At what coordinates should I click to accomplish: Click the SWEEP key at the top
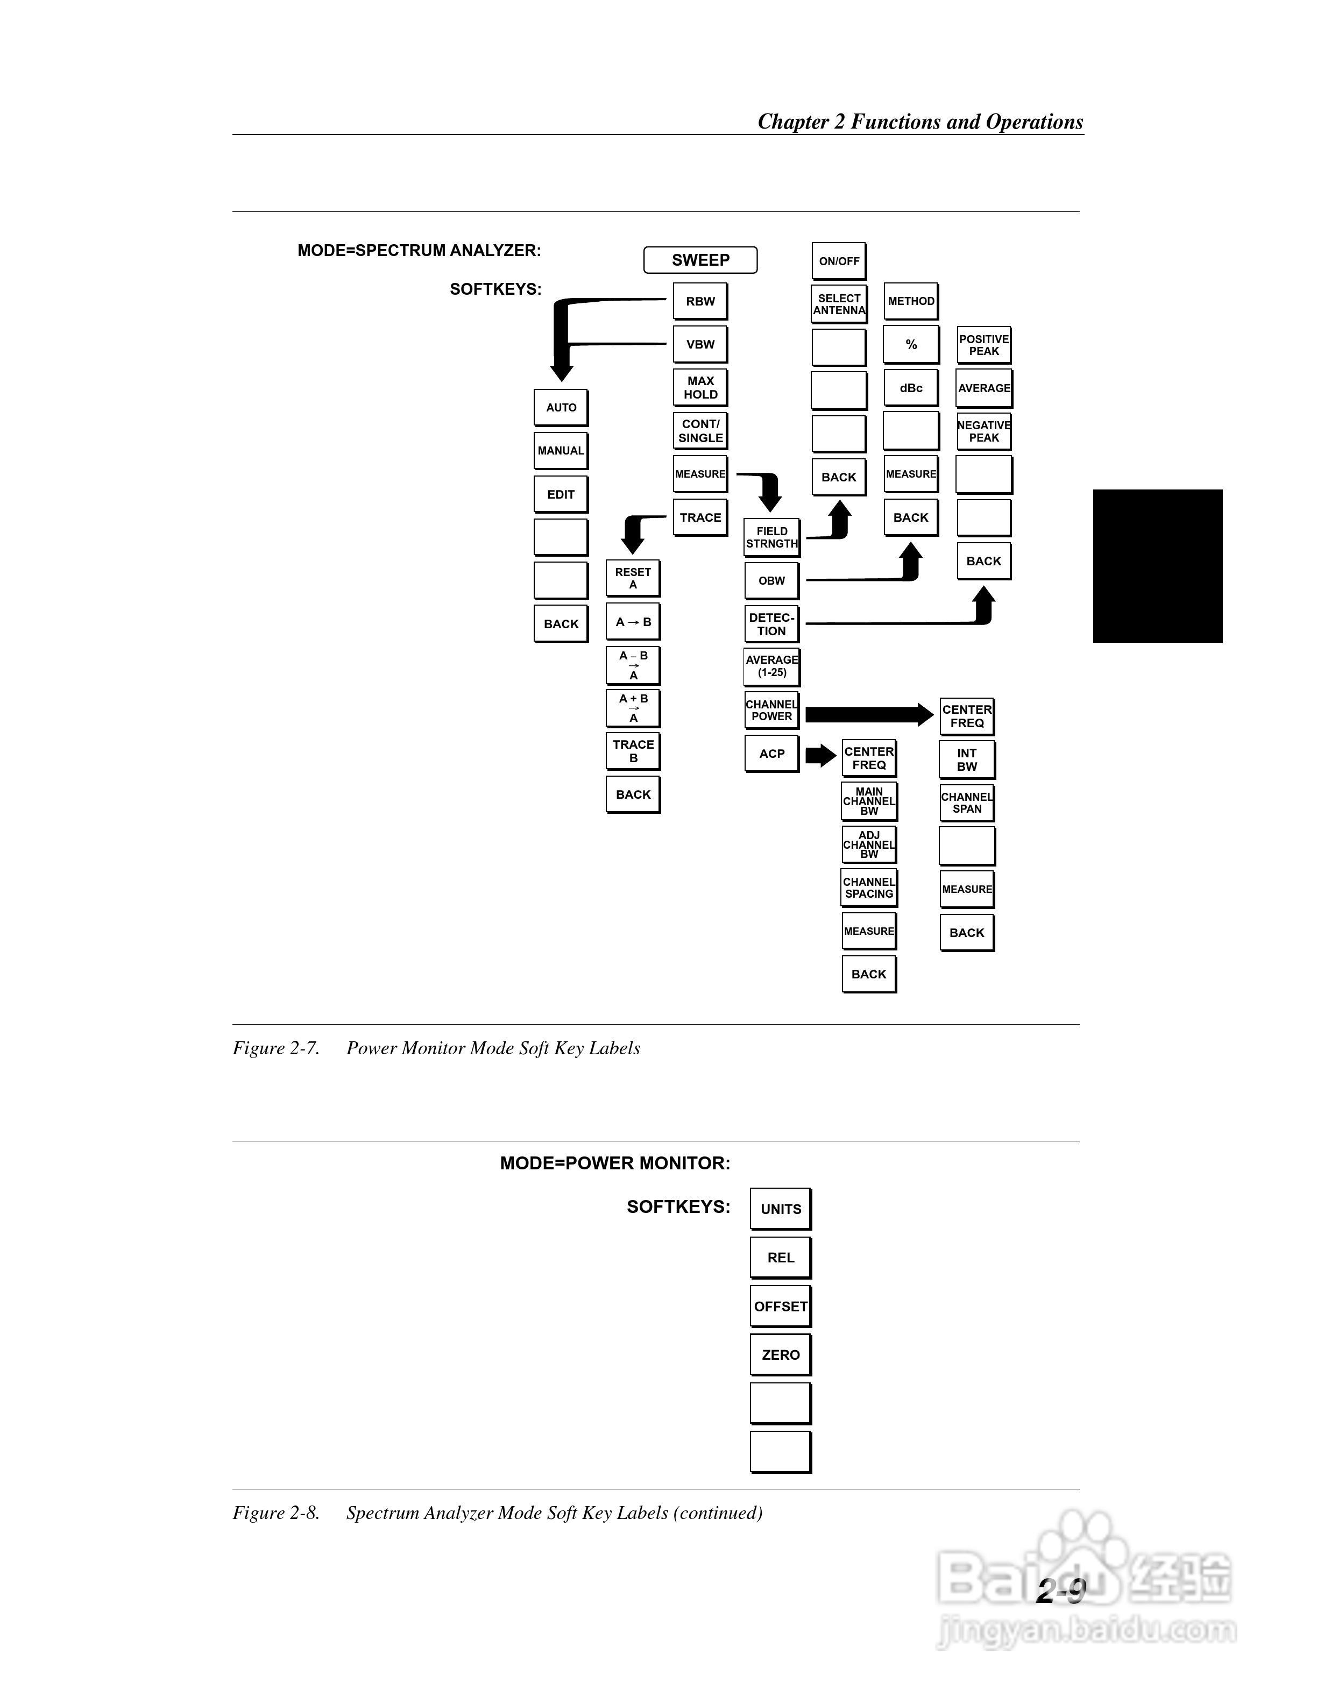(700, 260)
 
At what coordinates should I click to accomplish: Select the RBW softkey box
(700, 301)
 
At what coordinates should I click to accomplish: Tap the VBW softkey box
(700, 344)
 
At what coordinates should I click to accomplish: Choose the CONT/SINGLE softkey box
(700, 431)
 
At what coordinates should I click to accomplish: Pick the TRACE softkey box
(700, 517)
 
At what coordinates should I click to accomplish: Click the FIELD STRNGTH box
(771, 537)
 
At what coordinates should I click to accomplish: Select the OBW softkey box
(771, 580)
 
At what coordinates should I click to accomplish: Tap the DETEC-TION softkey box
(771, 624)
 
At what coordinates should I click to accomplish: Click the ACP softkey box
(771, 754)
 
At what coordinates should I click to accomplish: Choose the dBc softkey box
(910, 388)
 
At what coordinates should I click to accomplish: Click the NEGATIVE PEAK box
(984, 431)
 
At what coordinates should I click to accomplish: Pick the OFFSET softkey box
(780, 1306)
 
